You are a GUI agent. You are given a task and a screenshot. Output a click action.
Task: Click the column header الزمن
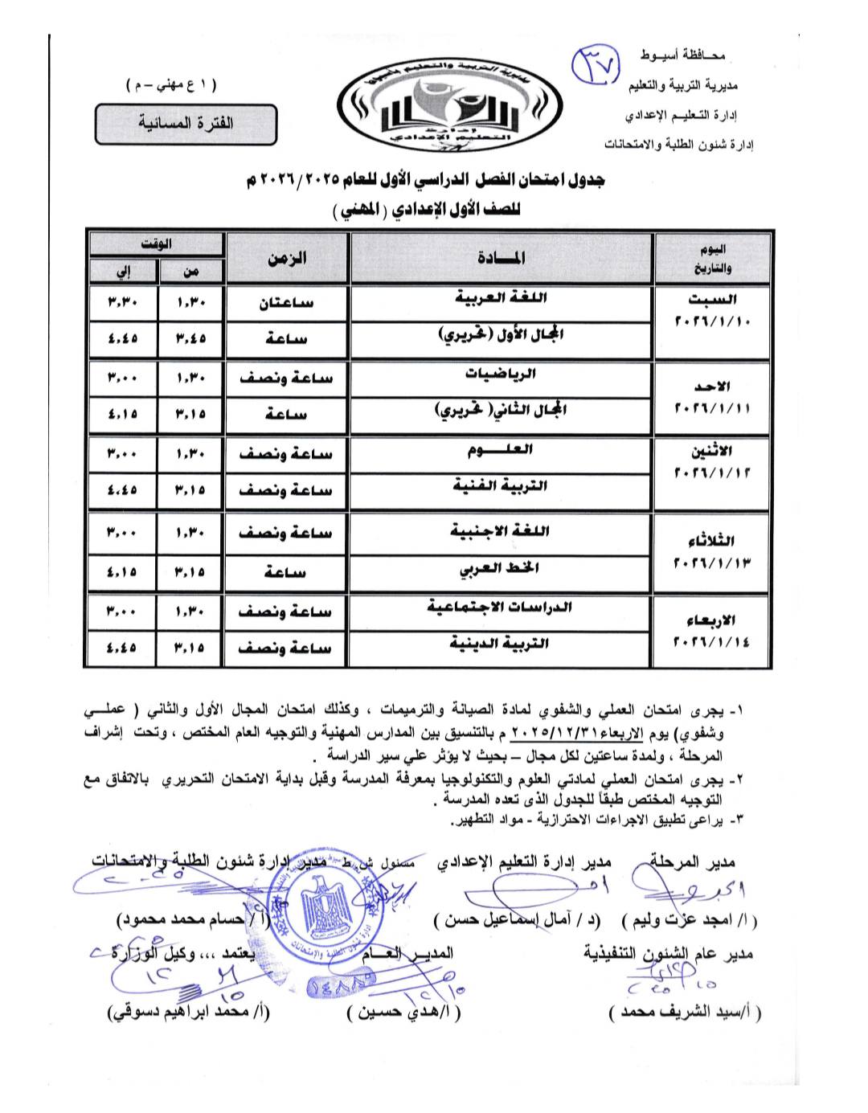pyautogui.click(x=287, y=259)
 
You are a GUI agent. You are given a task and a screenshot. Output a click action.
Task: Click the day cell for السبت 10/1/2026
pyautogui.click(x=712, y=310)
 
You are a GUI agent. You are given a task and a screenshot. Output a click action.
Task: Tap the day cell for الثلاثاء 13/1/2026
pyautogui.click(x=712, y=550)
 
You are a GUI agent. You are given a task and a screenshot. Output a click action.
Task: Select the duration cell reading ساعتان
pyautogui.click(x=287, y=303)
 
